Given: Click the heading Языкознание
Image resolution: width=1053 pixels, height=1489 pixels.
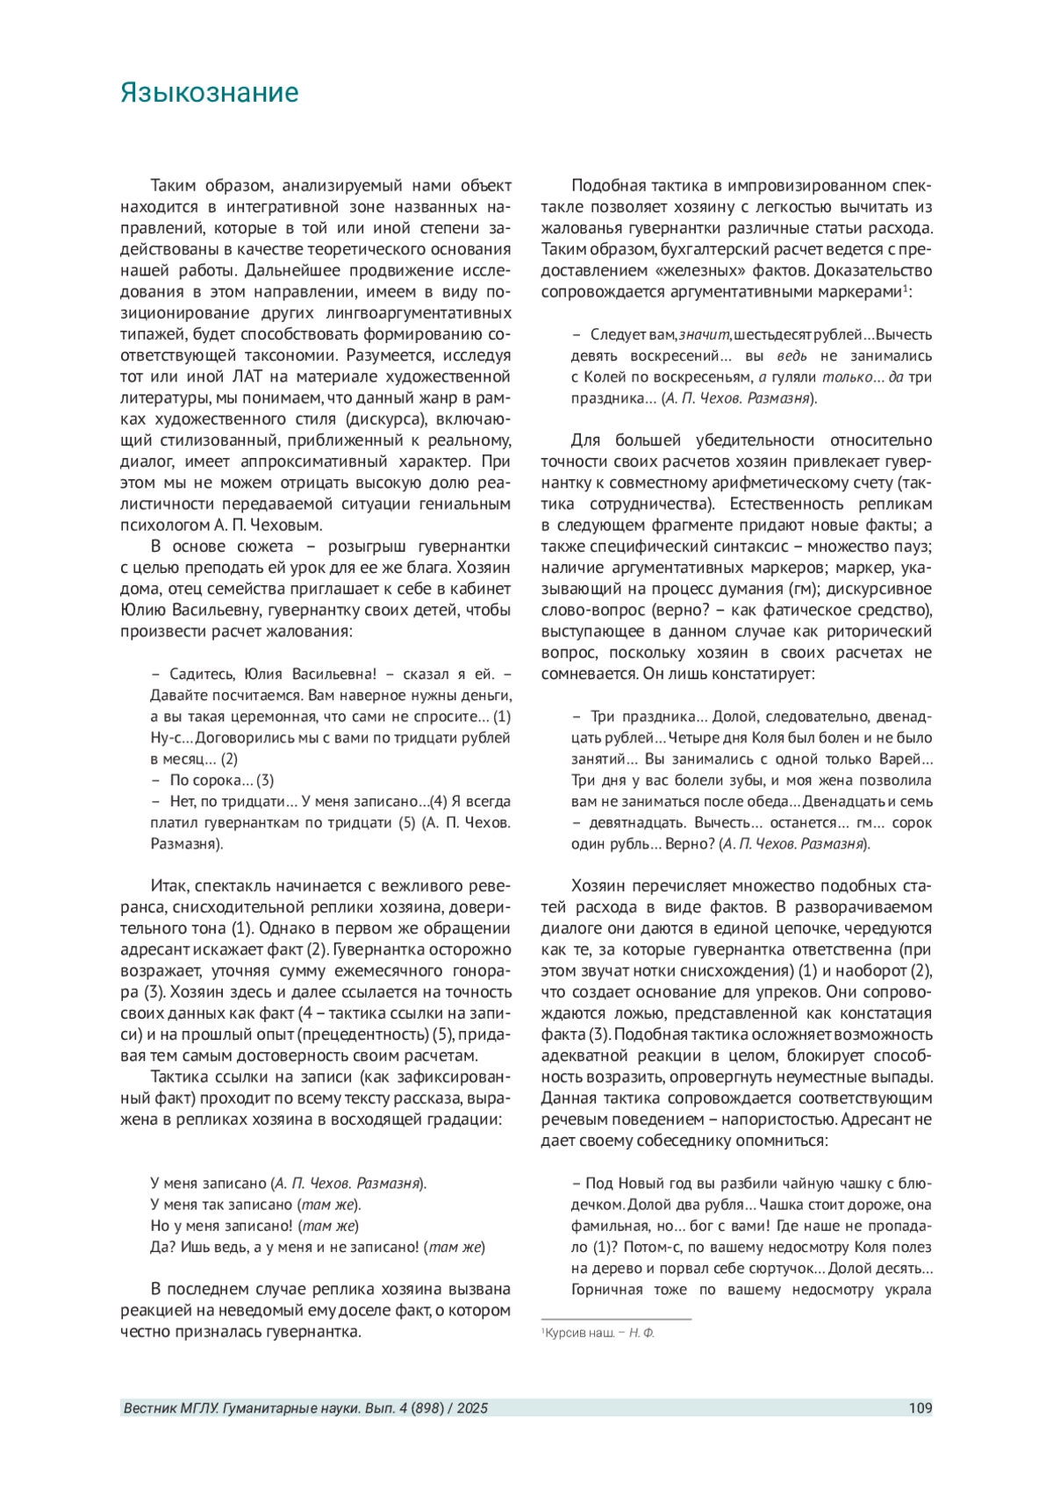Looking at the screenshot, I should pyautogui.click(x=209, y=93).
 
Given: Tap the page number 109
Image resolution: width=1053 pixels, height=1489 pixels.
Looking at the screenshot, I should pyautogui.click(x=920, y=1408).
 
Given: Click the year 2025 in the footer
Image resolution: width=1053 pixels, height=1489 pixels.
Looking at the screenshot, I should pyautogui.click(x=472, y=1408).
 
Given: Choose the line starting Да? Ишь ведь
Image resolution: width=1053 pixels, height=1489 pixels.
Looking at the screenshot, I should pyautogui.click(x=318, y=1247).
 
